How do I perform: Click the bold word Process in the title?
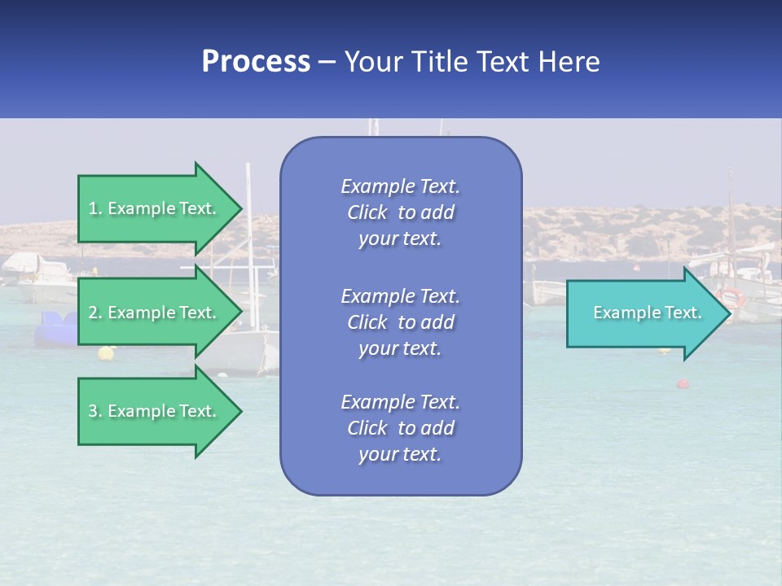tap(256, 62)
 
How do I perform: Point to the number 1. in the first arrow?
tap(95, 208)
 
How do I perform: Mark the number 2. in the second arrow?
tap(95, 313)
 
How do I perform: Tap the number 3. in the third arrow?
tap(95, 411)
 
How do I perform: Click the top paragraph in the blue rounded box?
tap(400, 212)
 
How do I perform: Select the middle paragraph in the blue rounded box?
tap(400, 322)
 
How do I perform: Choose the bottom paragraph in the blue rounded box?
tap(400, 428)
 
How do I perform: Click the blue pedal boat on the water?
tap(55, 329)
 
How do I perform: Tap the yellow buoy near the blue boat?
tap(106, 352)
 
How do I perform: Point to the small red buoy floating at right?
tap(682, 383)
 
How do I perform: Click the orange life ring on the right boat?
tap(732, 296)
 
